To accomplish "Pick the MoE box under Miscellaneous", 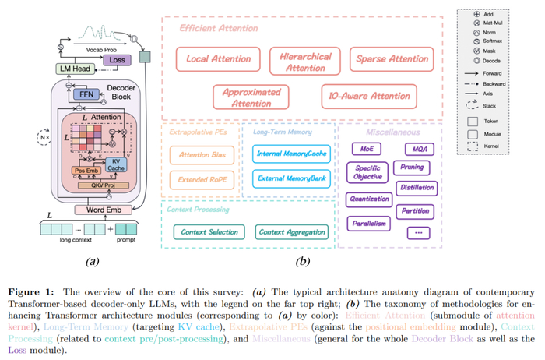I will [x=367, y=148].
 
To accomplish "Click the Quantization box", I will [x=370, y=199].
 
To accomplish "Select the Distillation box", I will [x=417, y=188].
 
